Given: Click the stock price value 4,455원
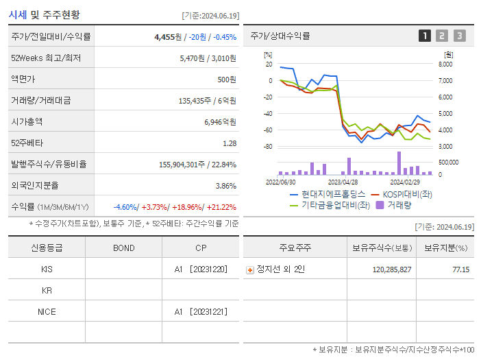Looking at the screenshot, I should click(x=168, y=37).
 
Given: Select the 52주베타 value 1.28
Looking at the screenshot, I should click(x=229, y=143).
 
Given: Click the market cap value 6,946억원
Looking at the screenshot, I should click(x=220, y=122).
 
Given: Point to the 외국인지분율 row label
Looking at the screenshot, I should click(x=35, y=186).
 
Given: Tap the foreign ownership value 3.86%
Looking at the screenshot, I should click(x=225, y=186).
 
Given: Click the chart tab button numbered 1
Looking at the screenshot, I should click(x=425, y=36).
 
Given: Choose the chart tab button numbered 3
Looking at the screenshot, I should click(x=459, y=36).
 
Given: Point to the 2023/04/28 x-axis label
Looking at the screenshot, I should click(x=343, y=182).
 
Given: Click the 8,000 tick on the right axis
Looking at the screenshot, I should click(x=445, y=64).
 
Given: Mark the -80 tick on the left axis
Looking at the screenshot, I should click(x=268, y=147).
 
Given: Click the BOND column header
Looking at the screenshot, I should click(x=123, y=248).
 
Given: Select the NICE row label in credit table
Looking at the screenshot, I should click(x=47, y=311).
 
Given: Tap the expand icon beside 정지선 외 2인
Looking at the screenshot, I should click(x=250, y=270).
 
